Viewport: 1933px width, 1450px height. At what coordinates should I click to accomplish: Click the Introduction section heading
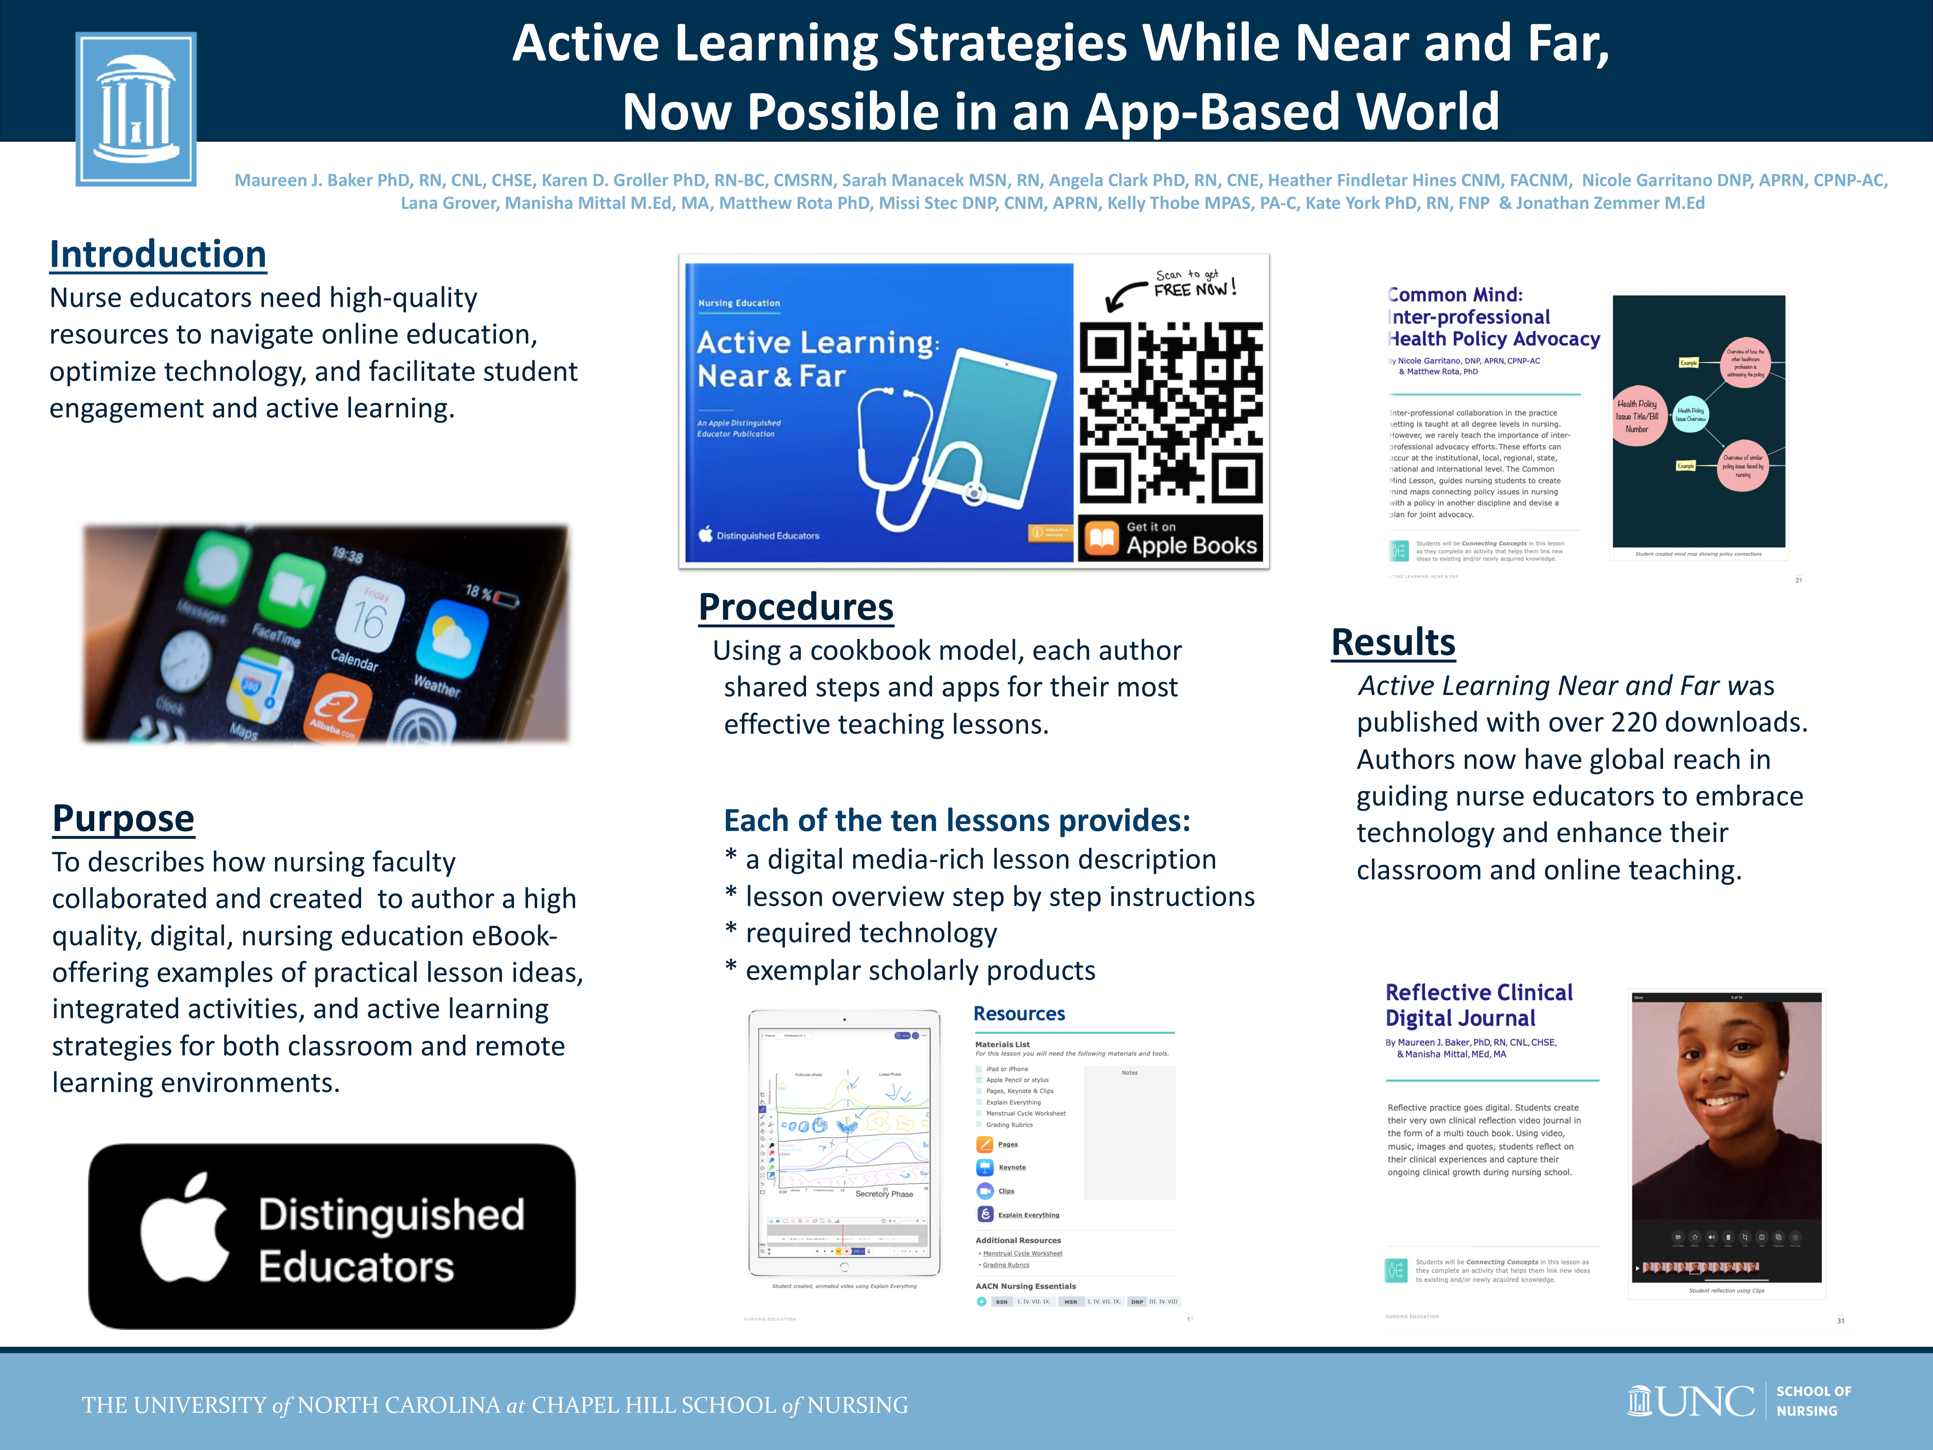[x=157, y=254]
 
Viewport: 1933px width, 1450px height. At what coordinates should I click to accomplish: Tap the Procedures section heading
[x=795, y=607]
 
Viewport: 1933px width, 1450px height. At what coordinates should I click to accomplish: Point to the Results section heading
[x=1393, y=642]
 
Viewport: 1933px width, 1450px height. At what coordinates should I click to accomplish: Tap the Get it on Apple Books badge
[x=1171, y=538]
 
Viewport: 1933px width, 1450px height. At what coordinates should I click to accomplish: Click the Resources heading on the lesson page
[x=1019, y=1014]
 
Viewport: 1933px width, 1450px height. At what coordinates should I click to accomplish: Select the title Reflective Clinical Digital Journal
[x=1479, y=1005]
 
